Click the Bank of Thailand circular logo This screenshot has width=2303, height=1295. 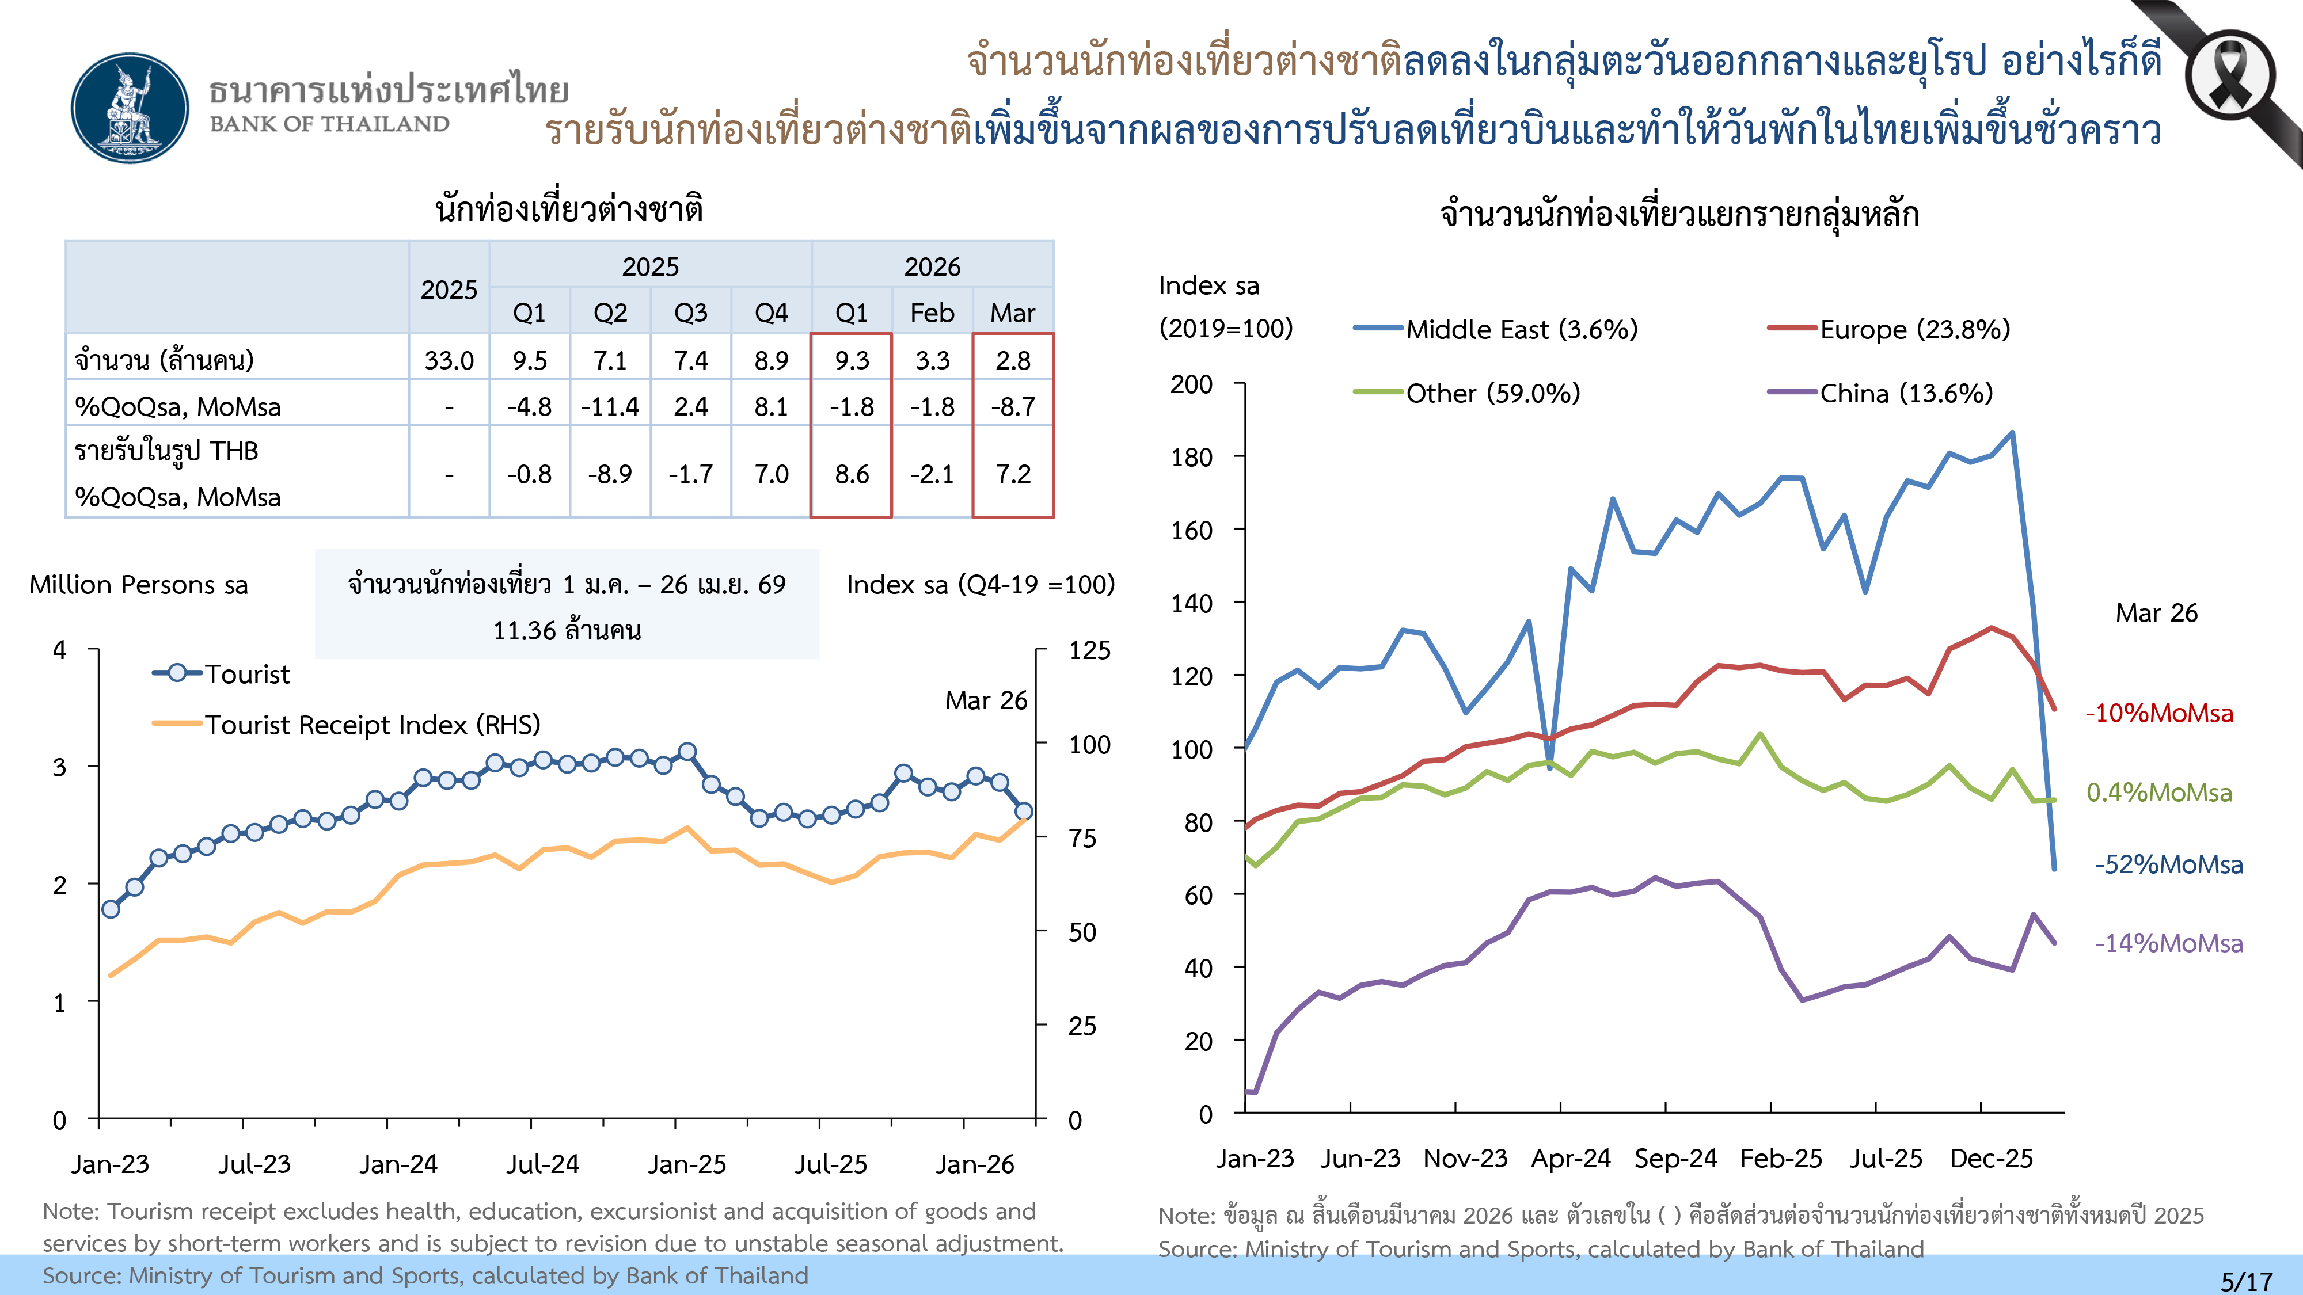[131, 107]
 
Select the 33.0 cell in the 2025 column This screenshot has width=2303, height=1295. [449, 360]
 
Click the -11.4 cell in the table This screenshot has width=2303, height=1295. [610, 407]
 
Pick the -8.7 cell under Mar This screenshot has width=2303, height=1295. [1013, 407]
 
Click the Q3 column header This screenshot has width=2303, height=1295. [690, 313]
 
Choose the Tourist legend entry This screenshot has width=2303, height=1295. [222, 674]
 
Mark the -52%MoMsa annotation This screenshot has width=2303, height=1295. [2168, 864]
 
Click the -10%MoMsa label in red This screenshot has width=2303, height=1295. [2158, 713]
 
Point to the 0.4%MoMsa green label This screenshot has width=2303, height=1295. [2158, 793]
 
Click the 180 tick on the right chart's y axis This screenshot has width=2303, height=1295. [1192, 458]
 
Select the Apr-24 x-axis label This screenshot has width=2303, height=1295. [1570, 1158]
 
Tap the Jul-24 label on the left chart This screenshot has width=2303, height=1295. [543, 1164]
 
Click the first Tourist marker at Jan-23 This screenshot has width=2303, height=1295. [111, 909]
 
